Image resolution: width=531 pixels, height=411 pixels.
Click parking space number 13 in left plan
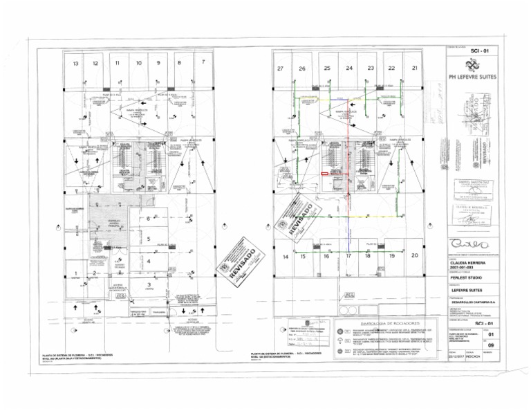pos(75,64)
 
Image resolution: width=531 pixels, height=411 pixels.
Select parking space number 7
pos(203,62)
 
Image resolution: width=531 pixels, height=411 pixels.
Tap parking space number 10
pos(138,63)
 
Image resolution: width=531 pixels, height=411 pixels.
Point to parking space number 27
pos(280,68)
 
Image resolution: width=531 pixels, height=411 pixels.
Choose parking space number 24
pos(349,68)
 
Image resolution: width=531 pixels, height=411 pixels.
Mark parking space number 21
pos(414,68)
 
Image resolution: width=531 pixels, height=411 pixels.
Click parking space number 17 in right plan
pos(349,256)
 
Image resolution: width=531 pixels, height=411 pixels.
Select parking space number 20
pos(414,255)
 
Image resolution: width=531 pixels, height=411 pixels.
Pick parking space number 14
pos(285,257)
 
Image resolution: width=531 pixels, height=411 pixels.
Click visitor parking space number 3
pos(148,284)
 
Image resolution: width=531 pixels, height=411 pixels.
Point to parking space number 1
pos(75,274)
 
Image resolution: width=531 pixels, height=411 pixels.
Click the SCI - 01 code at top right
pos(479,51)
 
